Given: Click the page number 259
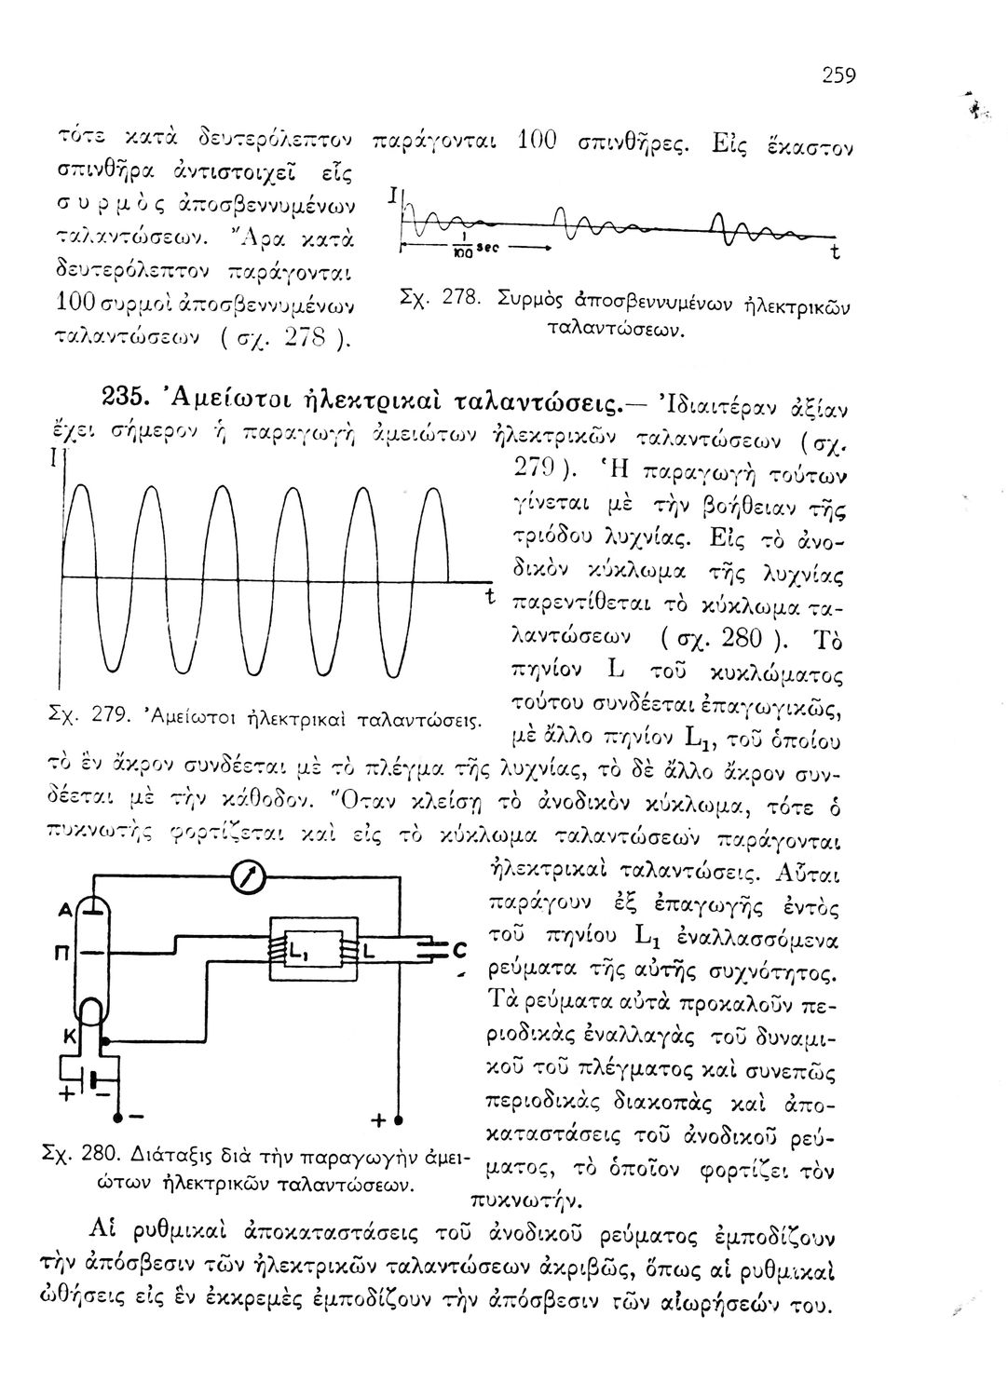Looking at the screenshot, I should pos(838,75).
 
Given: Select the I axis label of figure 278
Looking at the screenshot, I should pos(392,195).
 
